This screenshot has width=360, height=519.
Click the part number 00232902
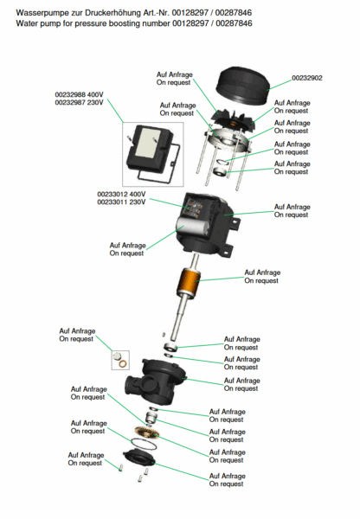coord(306,78)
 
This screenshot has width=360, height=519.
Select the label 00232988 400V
coord(79,94)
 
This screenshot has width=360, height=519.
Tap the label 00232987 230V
coord(79,103)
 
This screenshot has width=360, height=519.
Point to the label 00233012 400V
coord(121,195)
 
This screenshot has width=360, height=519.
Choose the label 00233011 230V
coord(121,202)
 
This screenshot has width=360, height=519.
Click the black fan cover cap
coord(241,85)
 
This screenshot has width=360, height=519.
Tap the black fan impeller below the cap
coord(234,121)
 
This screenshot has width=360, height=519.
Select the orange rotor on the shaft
coord(188,282)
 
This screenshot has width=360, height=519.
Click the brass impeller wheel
coord(146,432)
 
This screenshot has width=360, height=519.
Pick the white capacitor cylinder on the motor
coord(193,227)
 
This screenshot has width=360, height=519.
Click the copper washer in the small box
coord(123,364)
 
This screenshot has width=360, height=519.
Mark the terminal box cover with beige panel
coord(151,145)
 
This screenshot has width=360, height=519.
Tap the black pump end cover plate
coord(139,458)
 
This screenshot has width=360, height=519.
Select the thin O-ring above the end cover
coord(144,444)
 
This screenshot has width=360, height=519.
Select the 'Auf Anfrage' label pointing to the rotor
coord(262,272)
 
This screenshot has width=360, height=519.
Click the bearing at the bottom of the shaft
coord(170,347)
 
